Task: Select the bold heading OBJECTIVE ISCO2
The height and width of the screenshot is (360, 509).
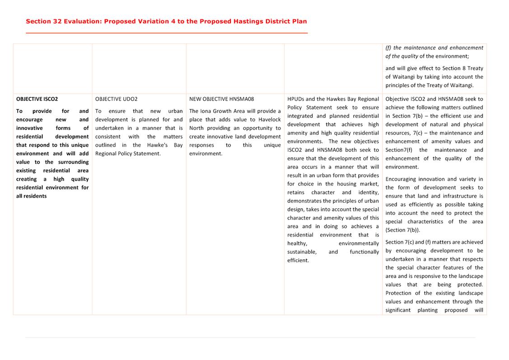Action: tap(37, 99)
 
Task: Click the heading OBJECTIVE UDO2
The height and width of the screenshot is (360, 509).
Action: tap(117, 99)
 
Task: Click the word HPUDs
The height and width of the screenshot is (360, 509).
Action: tap(296, 99)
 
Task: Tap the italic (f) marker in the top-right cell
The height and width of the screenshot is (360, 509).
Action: tap(388, 48)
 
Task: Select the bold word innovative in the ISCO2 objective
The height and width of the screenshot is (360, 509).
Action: tap(29, 128)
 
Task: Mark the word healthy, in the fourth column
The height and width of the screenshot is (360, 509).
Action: tap(297, 243)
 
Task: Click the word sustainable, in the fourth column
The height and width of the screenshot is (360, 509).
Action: tap(302, 252)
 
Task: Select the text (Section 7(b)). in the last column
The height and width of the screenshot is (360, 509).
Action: tap(402, 230)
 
